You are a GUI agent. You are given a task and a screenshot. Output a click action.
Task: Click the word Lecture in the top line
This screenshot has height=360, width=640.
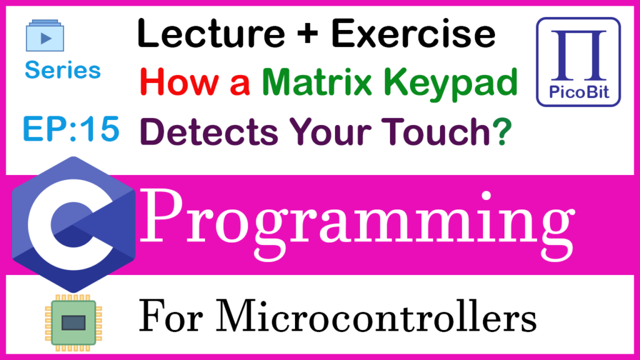click(x=211, y=34)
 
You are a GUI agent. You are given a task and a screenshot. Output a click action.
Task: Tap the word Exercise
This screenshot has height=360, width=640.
click(x=414, y=34)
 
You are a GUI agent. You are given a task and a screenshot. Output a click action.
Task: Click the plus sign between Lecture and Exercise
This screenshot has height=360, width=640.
click(x=307, y=34)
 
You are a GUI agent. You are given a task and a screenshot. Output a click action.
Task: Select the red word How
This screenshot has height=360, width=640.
click(x=179, y=82)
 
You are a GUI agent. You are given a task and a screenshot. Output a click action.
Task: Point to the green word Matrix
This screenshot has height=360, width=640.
click(x=317, y=82)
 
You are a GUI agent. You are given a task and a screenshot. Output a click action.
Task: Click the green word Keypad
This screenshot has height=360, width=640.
click(x=451, y=84)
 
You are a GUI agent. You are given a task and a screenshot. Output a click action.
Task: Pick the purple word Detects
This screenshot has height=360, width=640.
click(x=209, y=131)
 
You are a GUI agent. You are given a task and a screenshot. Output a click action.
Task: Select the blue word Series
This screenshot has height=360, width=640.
click(x=62, y=70)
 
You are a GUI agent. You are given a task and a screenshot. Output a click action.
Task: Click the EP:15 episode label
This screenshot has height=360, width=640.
click(x=71, y=129)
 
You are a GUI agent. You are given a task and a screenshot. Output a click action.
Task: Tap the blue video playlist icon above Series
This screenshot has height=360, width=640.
click(x=45, y=36)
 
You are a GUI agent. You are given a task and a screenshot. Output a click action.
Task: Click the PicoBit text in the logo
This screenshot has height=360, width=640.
click(x=579, y=92)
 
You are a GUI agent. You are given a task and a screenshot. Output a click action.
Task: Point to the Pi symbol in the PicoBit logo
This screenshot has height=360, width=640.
click(x=578, y=55)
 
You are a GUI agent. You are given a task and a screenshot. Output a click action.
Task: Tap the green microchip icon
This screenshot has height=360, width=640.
click(x=74, y=323)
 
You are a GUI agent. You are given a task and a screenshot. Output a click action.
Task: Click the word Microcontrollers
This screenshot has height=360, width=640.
click(x=376, y=317)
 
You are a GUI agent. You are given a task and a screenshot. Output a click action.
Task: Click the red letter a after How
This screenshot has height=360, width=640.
click(x=239, y=86)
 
